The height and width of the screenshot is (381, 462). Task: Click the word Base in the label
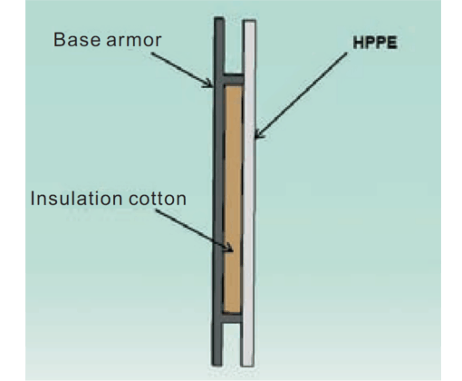pyautogui.click(x=77, y=40)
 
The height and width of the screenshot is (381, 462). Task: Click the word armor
pyautogui.click(x=134, y=40)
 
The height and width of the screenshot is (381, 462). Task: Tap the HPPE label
pyautogui.click(x=375, y=43)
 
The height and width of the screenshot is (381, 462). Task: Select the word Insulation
pyautogui.click(x=76, y=199)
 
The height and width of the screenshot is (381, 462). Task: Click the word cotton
pyautogui.click(x=158, y=200)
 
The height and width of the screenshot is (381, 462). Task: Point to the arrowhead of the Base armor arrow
pyautogui.click(x=211, y=85)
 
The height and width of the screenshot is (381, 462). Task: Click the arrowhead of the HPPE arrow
pyautogui.click(x=257, y=136)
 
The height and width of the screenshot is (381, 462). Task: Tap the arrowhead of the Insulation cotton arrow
pyautogui.click(x=230, y=249)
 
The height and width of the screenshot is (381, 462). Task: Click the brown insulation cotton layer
pyautogui.click(x=233, y=199)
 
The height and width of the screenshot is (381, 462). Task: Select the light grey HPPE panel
pyautogui.click(x=249, y=193)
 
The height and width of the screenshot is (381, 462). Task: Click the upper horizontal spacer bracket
pyautogui.click(x=234, y=79)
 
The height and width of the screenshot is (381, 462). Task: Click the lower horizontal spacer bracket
pyautogui.click(x=232, y=318)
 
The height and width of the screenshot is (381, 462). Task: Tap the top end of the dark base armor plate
pyautogui.click(x=219, y=18)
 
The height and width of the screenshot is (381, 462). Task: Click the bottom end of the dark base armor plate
pyautogui.click(x=217, y=365)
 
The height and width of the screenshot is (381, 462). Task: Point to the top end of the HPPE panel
pyautogui.click(x=250, y=21)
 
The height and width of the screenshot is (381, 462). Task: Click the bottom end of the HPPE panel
pyautogui.click(x=247, y=366)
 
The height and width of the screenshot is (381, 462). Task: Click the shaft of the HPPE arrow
pyautogui.click(x=302, y=94)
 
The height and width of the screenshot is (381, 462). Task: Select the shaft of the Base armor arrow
pyautogui.click(x=181, y=69)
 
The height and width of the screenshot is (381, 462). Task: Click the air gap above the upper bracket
pyautogui.click(x=234, y=47)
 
